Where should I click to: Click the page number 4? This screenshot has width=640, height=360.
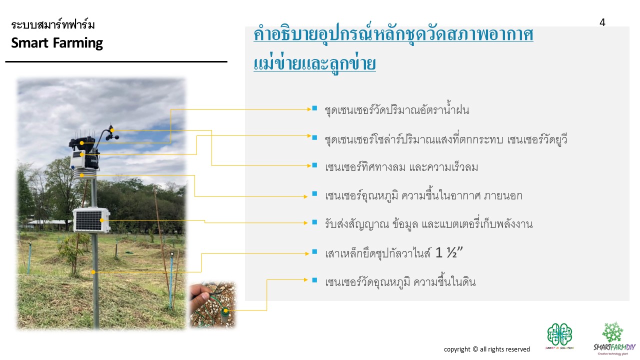tap(602, 22)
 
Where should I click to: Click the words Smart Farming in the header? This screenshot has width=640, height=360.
tap(57, 43)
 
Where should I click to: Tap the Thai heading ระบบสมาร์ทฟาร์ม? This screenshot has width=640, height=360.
tap(53, 24)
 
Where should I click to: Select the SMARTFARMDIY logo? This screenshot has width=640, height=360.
tap(614, 338)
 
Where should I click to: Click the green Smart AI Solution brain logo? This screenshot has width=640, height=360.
tap(559, 336)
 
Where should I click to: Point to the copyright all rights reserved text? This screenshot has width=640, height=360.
tap(486, 349)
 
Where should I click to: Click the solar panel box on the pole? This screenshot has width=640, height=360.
tap(91, 219)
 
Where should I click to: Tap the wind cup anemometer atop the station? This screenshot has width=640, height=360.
tap(112, 133)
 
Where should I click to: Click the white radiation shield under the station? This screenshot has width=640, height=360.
tap(83, 174)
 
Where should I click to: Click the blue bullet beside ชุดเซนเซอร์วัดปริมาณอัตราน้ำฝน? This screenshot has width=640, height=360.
tap(314, 108)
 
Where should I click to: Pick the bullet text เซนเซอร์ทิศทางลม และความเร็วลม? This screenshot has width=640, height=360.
tap(401, 167)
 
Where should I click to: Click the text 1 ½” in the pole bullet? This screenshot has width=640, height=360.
tap(448, 252)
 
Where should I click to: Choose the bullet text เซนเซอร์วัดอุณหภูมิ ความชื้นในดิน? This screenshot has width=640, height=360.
tap(400, 281)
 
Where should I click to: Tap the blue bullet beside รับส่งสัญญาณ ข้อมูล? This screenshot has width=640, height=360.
tap(314, 222)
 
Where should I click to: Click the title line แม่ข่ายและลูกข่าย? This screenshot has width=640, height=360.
tap(314, 63)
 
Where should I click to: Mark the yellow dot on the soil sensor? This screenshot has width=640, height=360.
tap(225, 310)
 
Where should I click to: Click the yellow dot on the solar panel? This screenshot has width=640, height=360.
tap(102, 220)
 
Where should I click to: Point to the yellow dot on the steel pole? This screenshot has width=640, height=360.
tap(93, 272)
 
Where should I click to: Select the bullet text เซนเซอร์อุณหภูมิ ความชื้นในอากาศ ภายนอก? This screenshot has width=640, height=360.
tap(423, 195)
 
